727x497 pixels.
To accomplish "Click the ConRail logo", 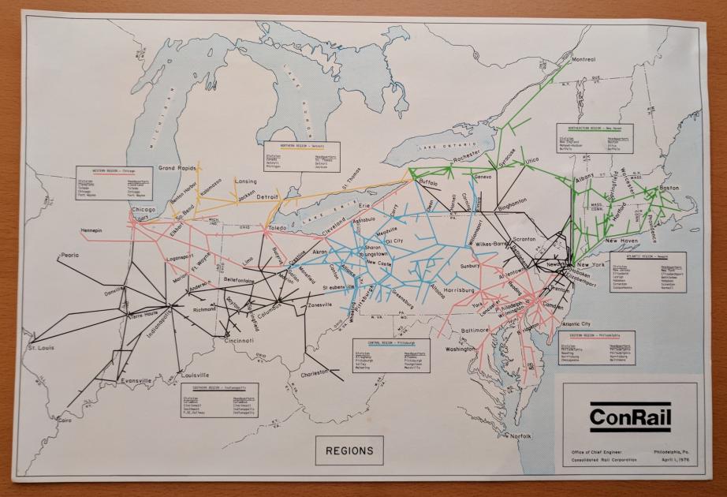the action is [x=629, y=417].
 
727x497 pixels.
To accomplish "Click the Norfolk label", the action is [x=520, y=435].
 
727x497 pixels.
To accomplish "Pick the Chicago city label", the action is [x=144, y=210].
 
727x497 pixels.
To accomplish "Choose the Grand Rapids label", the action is [x=177, y=168].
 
